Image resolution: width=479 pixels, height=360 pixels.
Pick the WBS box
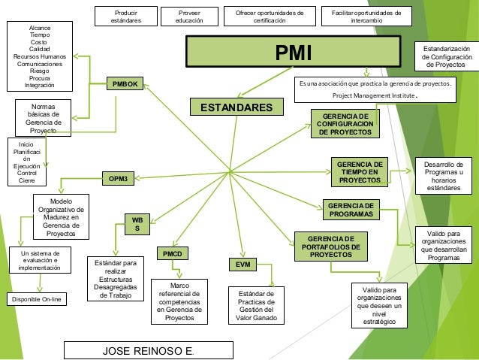[137, 224]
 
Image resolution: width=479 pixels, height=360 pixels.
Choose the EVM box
[243, 265]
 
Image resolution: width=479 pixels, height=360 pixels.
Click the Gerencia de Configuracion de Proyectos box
[345, 124]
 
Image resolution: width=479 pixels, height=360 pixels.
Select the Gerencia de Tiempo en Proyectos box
[359, 172]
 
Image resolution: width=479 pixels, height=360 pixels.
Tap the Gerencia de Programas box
[350, 210]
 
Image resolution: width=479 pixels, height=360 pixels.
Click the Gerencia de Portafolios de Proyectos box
[330, 246]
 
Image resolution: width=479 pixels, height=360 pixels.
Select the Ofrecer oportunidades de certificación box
[270, 17]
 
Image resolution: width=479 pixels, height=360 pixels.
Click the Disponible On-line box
[37, 300]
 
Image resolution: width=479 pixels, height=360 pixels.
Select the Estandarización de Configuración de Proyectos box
[447, 57]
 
